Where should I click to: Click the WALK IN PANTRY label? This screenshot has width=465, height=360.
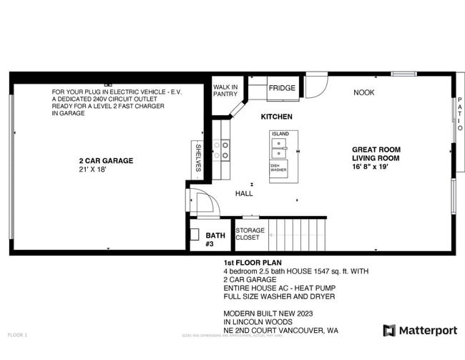click(x=225, y=90)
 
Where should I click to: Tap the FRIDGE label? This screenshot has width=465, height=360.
click(x=281, y=88)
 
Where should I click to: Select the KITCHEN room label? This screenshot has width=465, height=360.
click(x=276, y=117)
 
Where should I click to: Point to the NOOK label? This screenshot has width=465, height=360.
click(x=363, y=92)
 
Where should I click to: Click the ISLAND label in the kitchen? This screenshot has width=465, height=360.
click(x=280, y=134)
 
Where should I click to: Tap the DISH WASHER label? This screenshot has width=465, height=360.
click(x=278, y=168)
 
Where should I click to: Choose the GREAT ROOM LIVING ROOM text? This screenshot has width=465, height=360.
click(x=376, y=153)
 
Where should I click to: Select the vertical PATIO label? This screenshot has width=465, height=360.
click(x=459, y=114)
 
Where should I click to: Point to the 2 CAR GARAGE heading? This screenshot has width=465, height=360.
click(x=106, y=161)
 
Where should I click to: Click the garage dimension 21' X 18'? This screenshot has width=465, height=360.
click(x=93, y=170)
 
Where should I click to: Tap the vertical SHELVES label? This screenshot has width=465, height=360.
click(x=198, y=157)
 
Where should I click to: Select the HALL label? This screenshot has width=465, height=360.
click(x=244, y=193)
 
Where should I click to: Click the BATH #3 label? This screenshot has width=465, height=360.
click(x=215, y=239)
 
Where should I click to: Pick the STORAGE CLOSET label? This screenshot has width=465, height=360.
click(x=250, y=234)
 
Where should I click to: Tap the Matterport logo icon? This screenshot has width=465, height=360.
click(x=389, y=330)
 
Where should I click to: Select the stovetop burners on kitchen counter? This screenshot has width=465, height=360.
click(x=225, y=150)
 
